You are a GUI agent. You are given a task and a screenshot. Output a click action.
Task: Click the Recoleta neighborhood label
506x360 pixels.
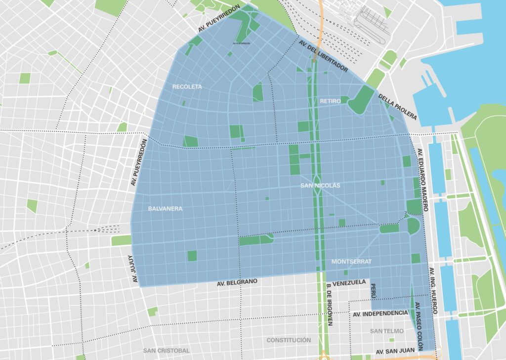(x=187, y=87)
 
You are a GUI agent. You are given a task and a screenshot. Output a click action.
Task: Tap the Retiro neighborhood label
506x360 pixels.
(x=330, y=101)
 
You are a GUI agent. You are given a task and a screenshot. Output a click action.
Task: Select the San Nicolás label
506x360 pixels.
(x=320, y=185)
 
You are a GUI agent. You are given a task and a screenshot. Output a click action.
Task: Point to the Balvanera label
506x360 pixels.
(x=165, y=209)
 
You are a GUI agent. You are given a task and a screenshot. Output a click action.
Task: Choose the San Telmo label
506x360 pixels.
(x=386, y=331)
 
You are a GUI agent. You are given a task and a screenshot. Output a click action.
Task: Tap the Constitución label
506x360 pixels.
(x=289, y=340)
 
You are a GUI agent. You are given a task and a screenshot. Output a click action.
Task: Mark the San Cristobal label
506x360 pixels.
(x=166, y=351)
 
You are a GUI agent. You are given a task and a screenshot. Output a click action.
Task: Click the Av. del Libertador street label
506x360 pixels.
(x=323, y=56)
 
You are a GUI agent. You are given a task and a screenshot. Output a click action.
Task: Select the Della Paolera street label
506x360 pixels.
(x=398, y=107)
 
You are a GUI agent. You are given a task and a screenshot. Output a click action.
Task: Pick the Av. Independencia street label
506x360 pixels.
(x=380, y=314)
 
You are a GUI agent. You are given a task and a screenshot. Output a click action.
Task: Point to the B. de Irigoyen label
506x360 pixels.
(x=330, y=307)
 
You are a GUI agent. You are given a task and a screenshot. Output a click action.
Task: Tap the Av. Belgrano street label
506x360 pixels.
(x=237, y=283)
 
